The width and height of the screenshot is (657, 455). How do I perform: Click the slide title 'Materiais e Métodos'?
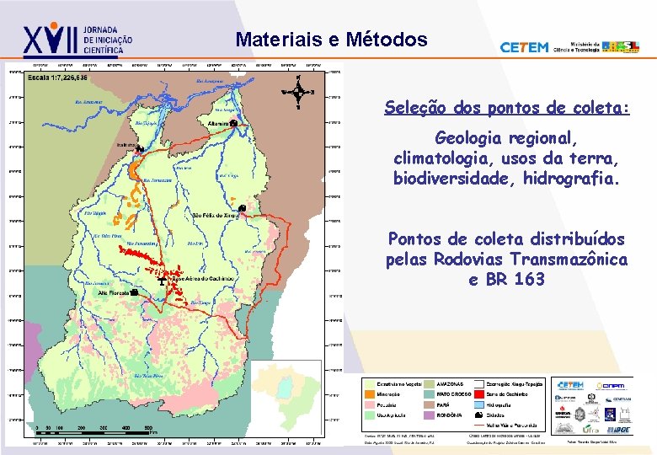331,40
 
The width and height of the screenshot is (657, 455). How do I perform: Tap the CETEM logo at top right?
524,48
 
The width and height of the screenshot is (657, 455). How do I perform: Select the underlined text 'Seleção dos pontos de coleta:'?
507,108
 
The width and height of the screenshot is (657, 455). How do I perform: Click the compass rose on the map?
298,92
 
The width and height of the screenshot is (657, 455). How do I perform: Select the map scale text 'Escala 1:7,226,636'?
57,78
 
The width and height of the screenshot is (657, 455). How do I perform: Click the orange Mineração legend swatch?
369,393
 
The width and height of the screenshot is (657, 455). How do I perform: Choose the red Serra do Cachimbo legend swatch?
478,393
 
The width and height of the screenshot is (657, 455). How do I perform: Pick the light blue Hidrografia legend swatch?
478,404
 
